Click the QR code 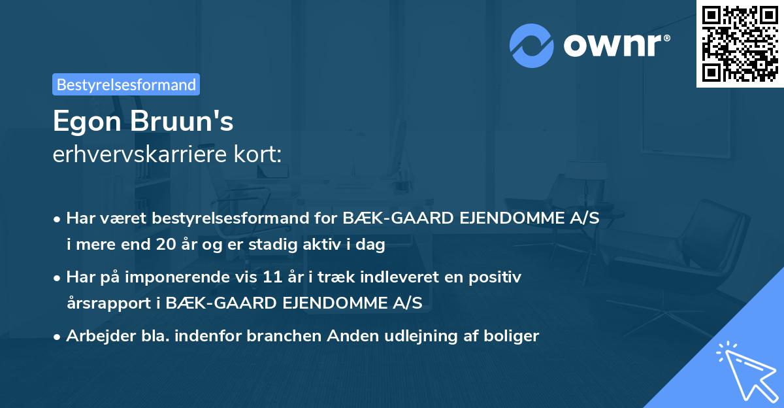point(740,44)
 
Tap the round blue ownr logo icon point(532,46)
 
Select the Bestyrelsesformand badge point(126,84)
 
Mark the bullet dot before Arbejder point(57,337)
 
